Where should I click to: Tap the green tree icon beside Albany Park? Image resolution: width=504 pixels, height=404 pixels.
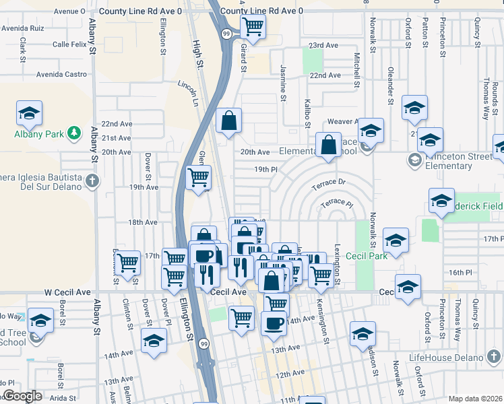(x=75, y=133)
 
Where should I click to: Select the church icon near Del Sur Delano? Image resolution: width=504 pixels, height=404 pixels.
(x=92, y=180)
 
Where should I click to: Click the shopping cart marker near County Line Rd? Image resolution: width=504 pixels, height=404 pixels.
(x=253, y=27)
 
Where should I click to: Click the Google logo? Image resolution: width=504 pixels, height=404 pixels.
(x=22, y=396)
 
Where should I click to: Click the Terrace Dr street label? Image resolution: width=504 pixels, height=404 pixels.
(x=328, y=182)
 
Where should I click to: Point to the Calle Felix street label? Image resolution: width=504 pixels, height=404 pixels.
(x=71, y=45)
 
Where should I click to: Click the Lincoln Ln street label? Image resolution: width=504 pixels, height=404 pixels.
(x=189, y=93)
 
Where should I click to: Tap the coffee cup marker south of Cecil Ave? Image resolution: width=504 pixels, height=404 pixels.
(x=273, y=322)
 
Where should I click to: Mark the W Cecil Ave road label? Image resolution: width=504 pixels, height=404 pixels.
(x=68, y=292)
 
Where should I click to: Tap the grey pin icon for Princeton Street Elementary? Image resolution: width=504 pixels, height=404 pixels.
(x=413, y=160)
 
